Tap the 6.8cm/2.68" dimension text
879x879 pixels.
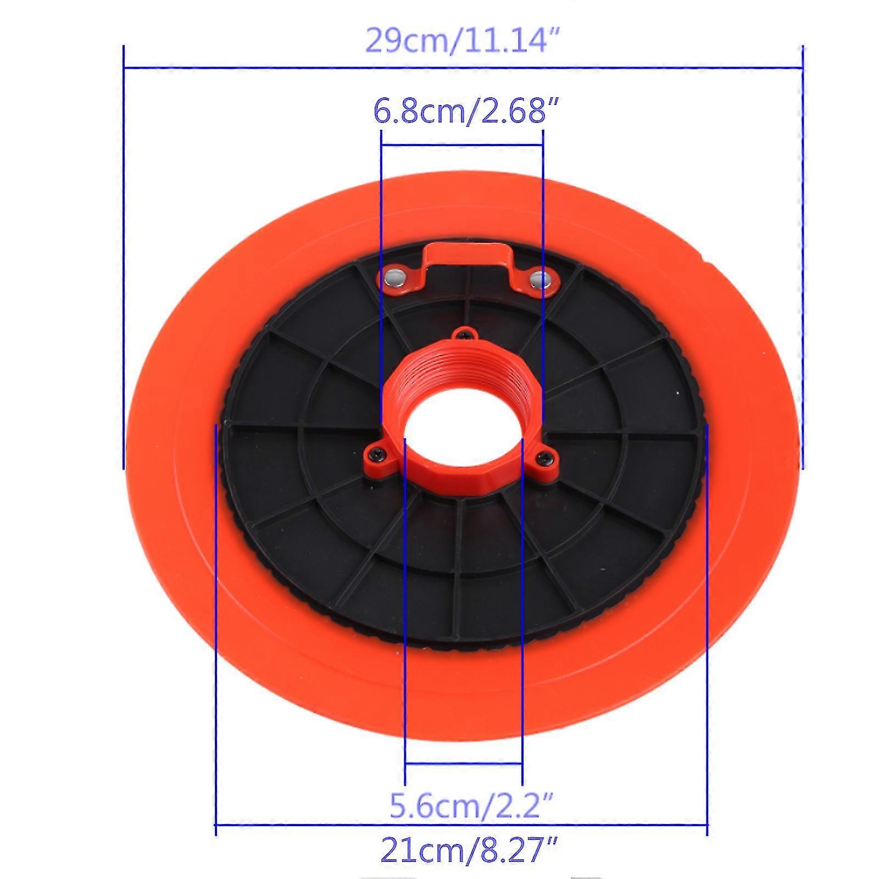[x=461, y=112]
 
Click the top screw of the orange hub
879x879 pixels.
[x=465, y=333]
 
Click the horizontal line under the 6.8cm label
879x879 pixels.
[x=461, y=145]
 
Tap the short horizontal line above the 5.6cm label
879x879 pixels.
[x=463, y=764]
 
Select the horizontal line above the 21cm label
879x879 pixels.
[x=461, y=825]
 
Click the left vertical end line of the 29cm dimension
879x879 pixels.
[x=124, y=258]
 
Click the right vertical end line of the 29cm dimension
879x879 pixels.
[x=803, y=258]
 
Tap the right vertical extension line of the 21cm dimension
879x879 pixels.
[x=708, y=632]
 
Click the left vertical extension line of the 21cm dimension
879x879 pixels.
[x=215, y=632]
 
